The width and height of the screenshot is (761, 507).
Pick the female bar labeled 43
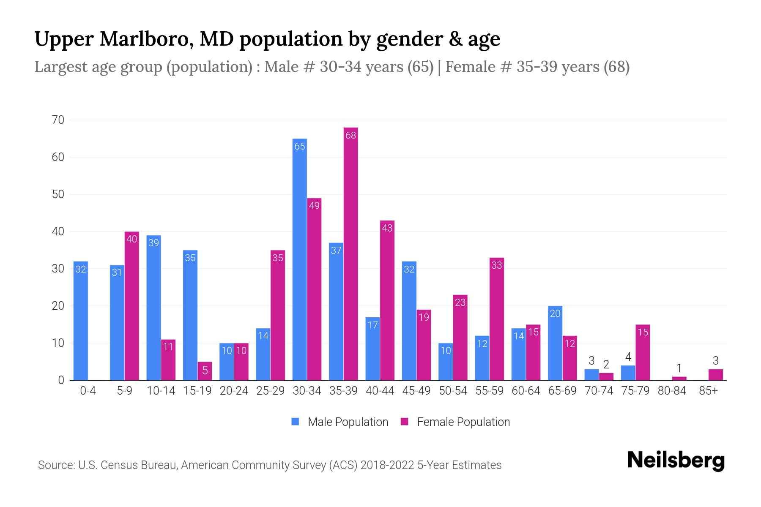pos(387,300)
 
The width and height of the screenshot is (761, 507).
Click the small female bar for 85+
pos(716,375)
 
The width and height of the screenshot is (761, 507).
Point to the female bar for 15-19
pos(205,371)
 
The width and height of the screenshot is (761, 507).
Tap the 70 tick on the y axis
pos(58,120)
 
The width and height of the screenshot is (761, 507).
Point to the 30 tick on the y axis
pos(58,269)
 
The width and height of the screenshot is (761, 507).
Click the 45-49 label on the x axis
pos(416,391)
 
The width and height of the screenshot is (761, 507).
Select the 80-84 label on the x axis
pos(672,391)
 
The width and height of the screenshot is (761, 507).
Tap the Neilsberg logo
pos(676,460)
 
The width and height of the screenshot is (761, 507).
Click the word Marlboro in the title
pos(147,39)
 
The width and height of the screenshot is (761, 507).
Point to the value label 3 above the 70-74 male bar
pos(591,361)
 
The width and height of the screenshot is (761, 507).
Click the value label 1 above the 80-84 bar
pos(679,368)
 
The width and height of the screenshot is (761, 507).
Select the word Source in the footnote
pos(56,465)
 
